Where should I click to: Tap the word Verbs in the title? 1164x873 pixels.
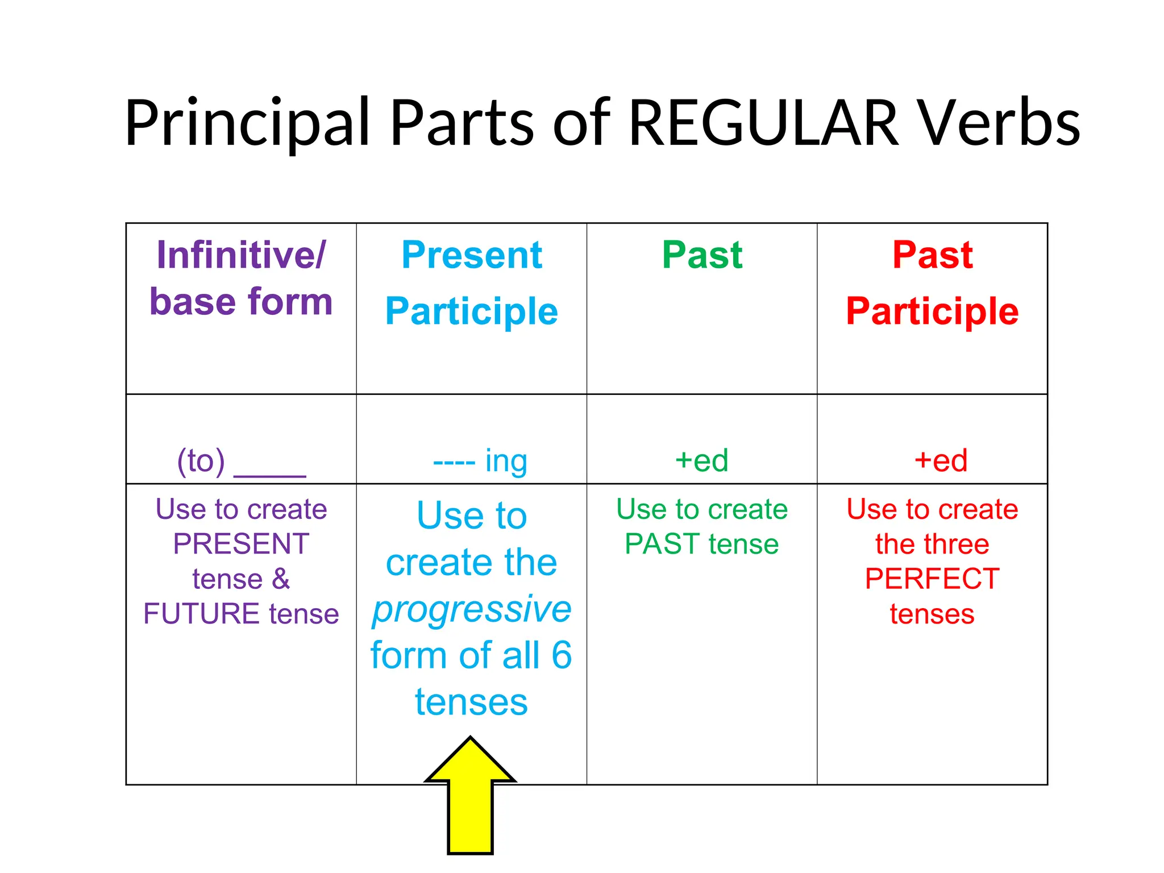1000,124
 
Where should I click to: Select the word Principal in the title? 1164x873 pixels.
247,124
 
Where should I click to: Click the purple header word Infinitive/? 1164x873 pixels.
241,255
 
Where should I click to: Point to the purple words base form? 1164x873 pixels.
241,302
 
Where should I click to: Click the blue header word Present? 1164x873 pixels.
472,255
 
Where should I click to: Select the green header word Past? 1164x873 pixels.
702,255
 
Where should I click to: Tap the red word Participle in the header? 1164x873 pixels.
932,311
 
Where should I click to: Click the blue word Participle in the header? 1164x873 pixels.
472,311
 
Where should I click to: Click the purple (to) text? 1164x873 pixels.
201,461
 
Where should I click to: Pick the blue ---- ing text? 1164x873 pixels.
480,461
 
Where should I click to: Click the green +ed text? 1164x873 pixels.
701,461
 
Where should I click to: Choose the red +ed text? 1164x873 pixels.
941,461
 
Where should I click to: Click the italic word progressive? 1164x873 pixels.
472,610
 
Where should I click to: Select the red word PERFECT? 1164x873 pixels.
932,579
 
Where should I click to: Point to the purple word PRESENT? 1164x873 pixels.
241,544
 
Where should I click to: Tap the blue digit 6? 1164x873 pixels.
562,655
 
